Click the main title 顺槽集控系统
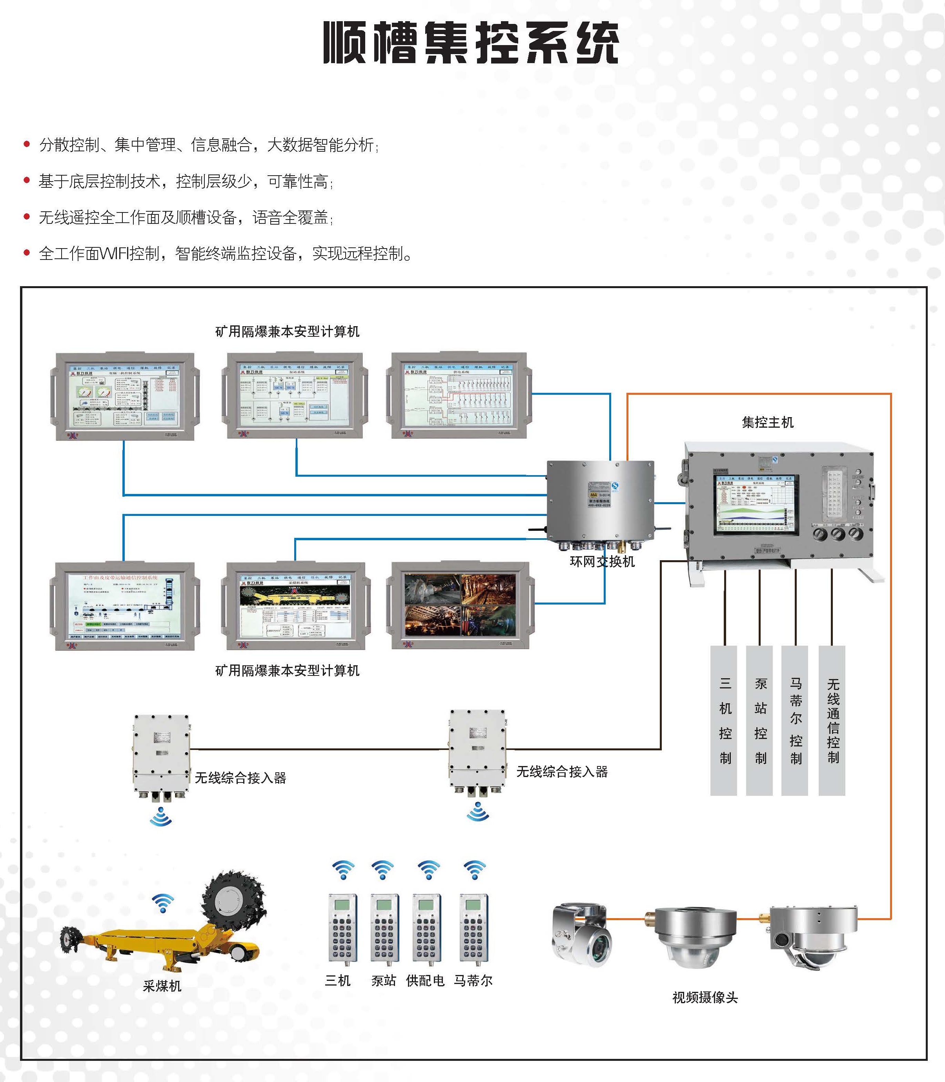click(471, 43)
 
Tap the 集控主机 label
click(767, 422)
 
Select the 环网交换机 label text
click(602, 562)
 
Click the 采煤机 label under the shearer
click(162, 986)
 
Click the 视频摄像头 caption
click(705, 997)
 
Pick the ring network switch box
click(601, 501)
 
